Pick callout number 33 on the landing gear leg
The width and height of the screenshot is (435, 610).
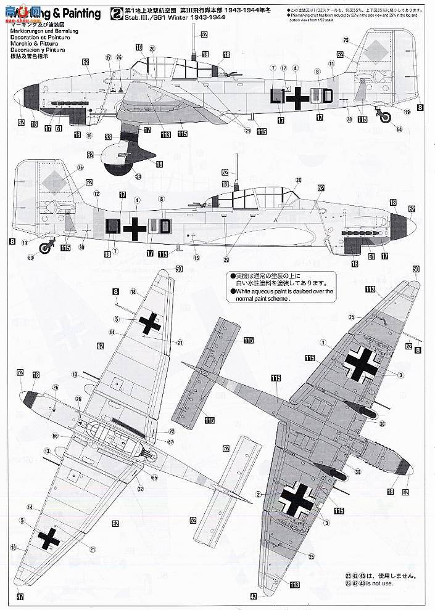109,137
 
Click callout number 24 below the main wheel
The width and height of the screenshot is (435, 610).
138,177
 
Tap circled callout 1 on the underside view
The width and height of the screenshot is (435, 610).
321,341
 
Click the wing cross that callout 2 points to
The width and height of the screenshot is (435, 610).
302,496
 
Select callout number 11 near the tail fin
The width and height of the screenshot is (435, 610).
331,63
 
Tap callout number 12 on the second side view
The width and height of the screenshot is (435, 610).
96,193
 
